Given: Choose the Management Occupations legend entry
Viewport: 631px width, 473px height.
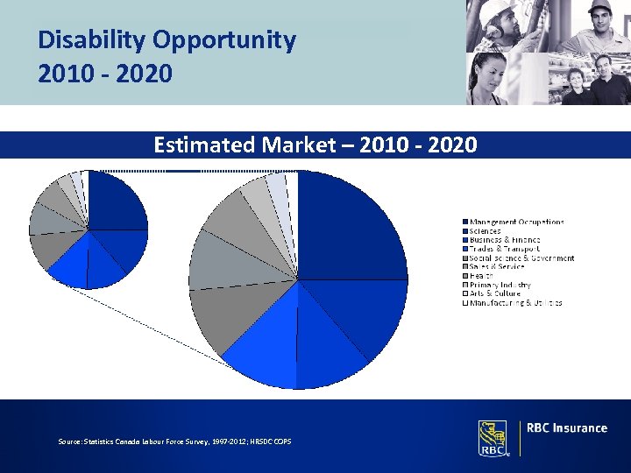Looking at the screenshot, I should pyautogui.click(x=516, y=222).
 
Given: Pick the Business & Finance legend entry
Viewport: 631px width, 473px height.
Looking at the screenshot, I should pyautogui.click(x=504, y=240).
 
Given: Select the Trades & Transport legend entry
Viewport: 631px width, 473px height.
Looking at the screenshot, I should pyautogui.click(x=504, y=250).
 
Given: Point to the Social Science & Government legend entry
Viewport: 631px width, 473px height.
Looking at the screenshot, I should pyautogui.click(x=521, y=258).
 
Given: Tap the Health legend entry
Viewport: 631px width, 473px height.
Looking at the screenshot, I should pyautogui.click(x=481, y=276).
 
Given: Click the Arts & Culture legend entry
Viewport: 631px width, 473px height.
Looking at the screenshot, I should pyautogui.click(x=494, y=294).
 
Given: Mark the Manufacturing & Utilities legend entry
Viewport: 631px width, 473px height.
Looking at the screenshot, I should pyautogui.click(x=515, y=303).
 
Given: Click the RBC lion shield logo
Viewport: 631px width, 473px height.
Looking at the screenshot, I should pyautogui.click(x=492, y=437).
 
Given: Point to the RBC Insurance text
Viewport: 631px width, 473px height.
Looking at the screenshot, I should pyautogui.click(x=566, y=428).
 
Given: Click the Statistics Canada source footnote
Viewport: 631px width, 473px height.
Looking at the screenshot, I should pyautogui.click(x=175, y=441).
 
